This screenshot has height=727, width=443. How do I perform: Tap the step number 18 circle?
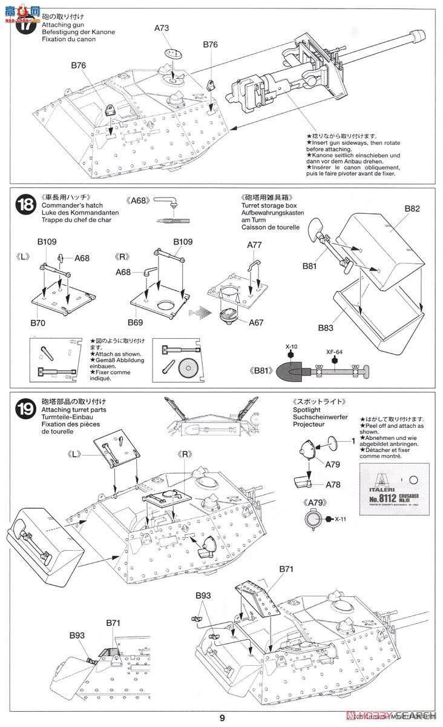25,205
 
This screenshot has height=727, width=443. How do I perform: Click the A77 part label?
255,245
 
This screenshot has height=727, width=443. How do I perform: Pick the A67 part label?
256,322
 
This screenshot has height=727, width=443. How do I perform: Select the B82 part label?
412,208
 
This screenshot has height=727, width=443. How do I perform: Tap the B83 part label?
326,328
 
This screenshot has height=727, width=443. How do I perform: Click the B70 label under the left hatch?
38,322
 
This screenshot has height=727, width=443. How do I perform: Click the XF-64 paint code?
333,350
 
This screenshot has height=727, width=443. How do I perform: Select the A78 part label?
332,484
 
